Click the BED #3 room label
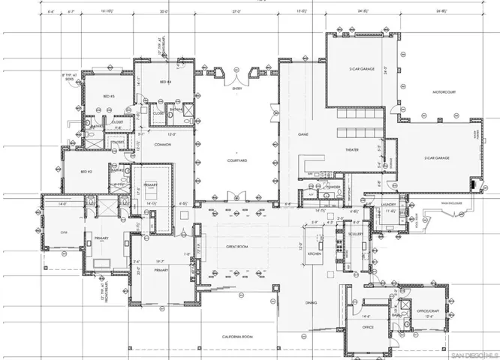[109, 97]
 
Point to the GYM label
[63, 233]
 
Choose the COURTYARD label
[238, 160]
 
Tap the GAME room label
[304, 133]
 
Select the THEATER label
[352, 149]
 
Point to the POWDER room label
[334, 185]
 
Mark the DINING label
[310, 303]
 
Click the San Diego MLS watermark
[474, 352]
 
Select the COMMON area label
[163, 144]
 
